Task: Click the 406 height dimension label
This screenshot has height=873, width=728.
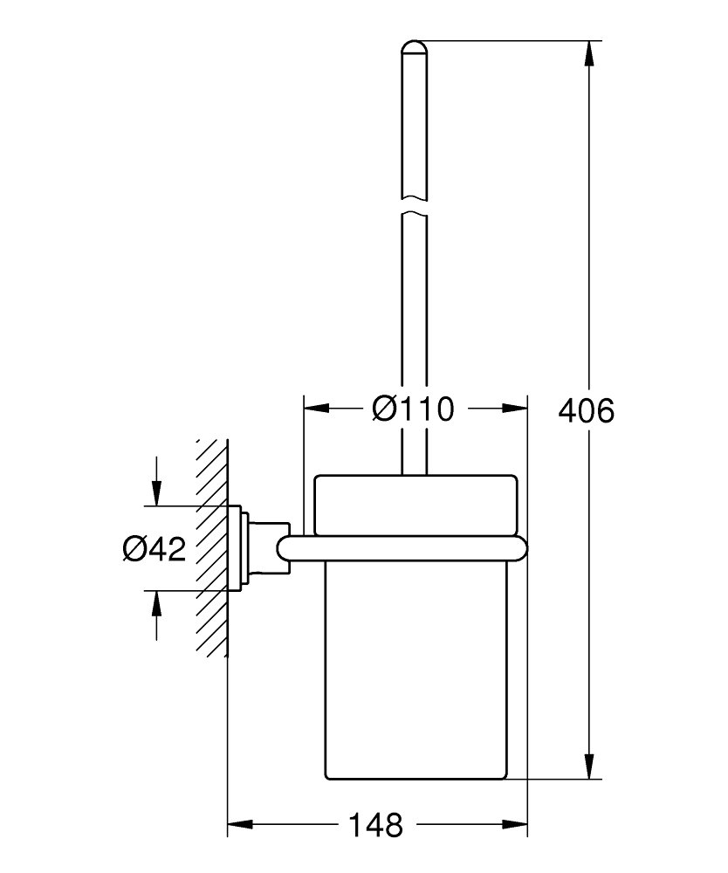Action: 586,411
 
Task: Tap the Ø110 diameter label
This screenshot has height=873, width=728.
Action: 413,409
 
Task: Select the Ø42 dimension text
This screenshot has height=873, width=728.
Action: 155,549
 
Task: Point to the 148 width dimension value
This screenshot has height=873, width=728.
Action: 375,825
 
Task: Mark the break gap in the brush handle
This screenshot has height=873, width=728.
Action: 414,206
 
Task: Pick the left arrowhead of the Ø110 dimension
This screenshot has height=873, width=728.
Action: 316,409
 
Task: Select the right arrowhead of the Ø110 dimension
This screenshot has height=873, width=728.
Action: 514,409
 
